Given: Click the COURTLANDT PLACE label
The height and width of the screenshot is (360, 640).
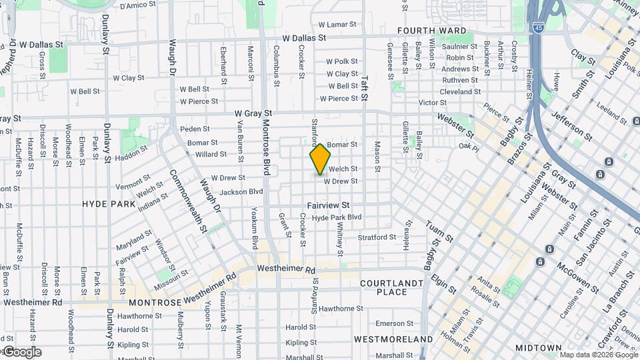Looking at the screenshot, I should (x=392, y=287).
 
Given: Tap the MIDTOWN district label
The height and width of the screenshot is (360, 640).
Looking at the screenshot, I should (x=538, y=348).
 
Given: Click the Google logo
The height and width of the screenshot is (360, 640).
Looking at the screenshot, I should (x=21, y=351).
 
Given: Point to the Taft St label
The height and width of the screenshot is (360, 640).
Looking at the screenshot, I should (x=364, y=87).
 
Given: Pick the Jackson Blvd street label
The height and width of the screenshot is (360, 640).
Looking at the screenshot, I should (x=241, y=191).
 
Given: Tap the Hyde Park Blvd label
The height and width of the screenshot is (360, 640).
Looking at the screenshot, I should (x=337, y=217).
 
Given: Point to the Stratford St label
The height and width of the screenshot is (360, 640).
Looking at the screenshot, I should (x=377, y=237).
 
